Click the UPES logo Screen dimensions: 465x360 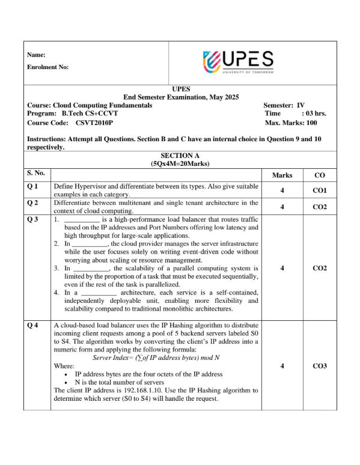[239, 62]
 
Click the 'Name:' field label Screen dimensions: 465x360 [37, 55]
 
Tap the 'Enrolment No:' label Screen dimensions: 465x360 [48, 67]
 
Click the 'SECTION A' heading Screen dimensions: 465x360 [180, 156]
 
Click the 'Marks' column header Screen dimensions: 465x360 [282, 175]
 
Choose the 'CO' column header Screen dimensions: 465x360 [319, 175]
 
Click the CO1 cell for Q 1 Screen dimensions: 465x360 [319, 190]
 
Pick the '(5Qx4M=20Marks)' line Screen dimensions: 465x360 [180, 163]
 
